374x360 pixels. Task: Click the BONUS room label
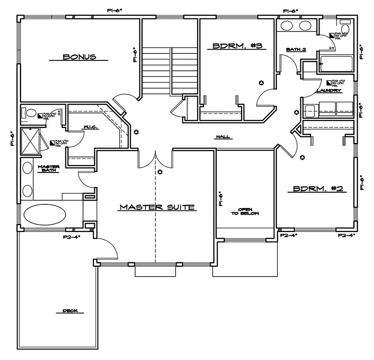(x=79, y=57)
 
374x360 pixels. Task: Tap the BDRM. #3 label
(x=237, y=46)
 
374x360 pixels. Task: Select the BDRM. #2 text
(x=319, y=189)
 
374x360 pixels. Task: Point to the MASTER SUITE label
(x=157, y=207)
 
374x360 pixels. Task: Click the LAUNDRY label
(x=328, y=90)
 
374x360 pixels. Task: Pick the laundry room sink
(x=310, y=111)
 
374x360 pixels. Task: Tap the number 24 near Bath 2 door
(x=331, y=48)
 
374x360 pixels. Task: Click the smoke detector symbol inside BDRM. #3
(x=261, y=83)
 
